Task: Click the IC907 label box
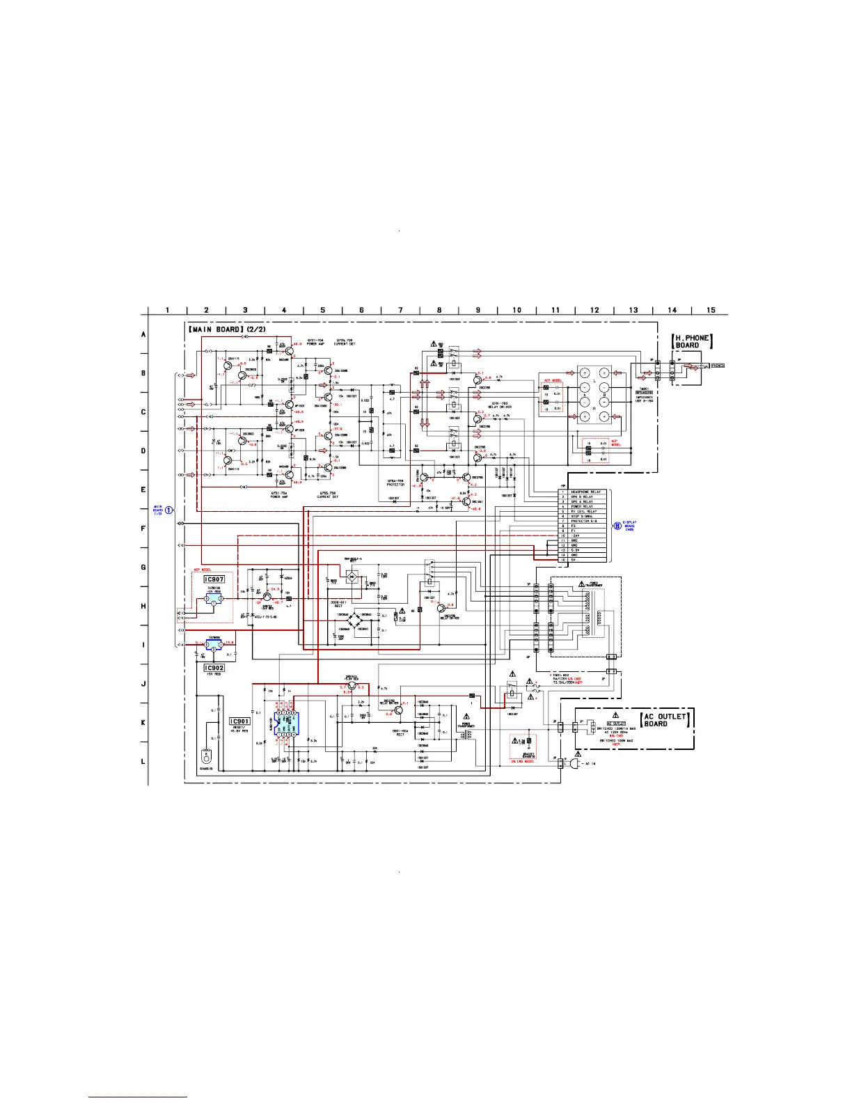point(214,579)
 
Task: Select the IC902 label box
point(214,668)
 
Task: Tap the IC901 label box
point(239,721)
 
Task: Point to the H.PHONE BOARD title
point(692,341)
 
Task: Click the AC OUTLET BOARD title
point(665,720)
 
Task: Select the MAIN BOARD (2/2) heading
point(226,328)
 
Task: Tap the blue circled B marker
point(617,526)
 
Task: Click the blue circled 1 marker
point(169,510)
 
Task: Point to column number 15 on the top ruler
point(711,310)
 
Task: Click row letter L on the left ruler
point(143,761)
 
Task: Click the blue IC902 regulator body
point(213,646)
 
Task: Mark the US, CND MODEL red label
point(522,762)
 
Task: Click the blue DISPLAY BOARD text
point(629,526)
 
